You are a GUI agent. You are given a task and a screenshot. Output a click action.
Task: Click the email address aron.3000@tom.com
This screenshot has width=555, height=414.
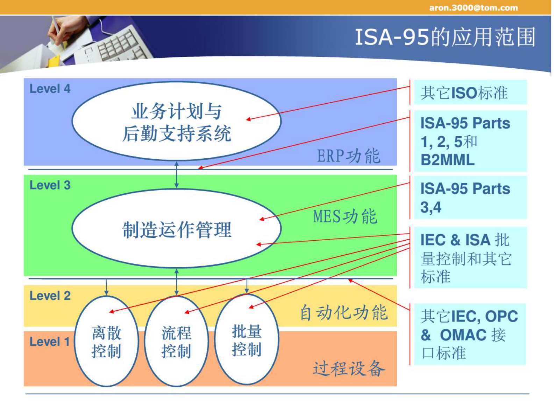click(473, 8)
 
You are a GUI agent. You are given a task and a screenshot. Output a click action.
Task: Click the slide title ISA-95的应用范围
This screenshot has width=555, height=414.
click(445, 37)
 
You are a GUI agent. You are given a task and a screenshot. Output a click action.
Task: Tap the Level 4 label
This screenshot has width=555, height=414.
click(50, 89)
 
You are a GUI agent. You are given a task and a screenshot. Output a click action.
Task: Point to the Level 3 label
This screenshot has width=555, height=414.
click(50, 185)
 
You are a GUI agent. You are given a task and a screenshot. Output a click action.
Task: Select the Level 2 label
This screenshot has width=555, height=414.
click(50, 296)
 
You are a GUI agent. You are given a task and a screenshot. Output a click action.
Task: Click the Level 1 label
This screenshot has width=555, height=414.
click(49, 341)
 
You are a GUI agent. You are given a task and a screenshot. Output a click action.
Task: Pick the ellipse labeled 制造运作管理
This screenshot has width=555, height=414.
click(177, 229)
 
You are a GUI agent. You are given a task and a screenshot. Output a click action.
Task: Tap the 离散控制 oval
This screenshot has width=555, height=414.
click(106, 342)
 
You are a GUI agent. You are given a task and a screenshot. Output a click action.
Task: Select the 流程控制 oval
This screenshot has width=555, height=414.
click(176, 342)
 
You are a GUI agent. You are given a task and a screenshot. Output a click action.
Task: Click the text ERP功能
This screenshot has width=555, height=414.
click(348, 156)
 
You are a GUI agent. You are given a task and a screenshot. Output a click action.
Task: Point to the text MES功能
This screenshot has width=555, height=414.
click(345, 216)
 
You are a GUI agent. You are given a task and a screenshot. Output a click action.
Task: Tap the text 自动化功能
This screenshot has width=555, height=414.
click(344, 313)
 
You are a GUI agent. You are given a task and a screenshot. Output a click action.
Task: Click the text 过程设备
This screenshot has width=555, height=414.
click(349, 368)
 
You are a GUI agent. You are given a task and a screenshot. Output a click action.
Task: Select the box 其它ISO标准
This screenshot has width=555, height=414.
click(470, 92)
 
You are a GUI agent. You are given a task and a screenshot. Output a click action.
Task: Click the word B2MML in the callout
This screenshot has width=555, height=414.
click(448, 160)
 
